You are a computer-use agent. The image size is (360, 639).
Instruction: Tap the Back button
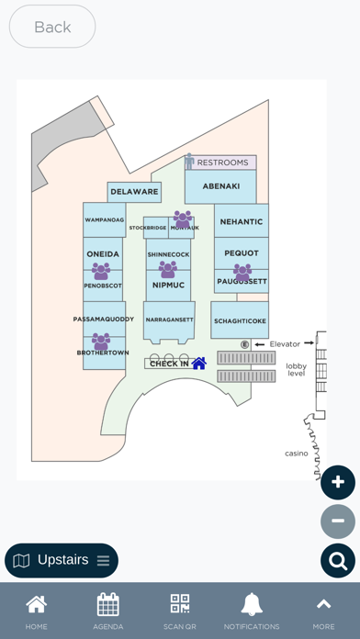[52, 27]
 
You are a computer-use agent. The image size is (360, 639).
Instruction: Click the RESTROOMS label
[223, 163]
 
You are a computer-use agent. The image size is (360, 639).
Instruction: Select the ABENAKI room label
[220, 185]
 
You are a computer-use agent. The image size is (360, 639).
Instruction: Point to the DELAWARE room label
[135, 192]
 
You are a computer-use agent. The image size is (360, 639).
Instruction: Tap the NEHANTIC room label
[242, 221]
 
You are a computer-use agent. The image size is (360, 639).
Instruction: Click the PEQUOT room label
[242, 253]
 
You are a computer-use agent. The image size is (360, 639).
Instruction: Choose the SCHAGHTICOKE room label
[240, 321]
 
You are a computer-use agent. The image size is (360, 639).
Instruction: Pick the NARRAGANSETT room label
[168, 319]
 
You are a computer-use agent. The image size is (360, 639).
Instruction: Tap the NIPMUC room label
[168, 286]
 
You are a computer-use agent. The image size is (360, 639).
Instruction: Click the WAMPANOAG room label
[104, 220]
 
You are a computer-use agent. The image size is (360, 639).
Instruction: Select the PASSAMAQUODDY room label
[104, 319]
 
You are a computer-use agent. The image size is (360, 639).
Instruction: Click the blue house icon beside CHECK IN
[198, 364]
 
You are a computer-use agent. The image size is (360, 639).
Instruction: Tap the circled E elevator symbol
[245, 344]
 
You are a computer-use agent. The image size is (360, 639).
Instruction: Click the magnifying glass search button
[338, 560]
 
